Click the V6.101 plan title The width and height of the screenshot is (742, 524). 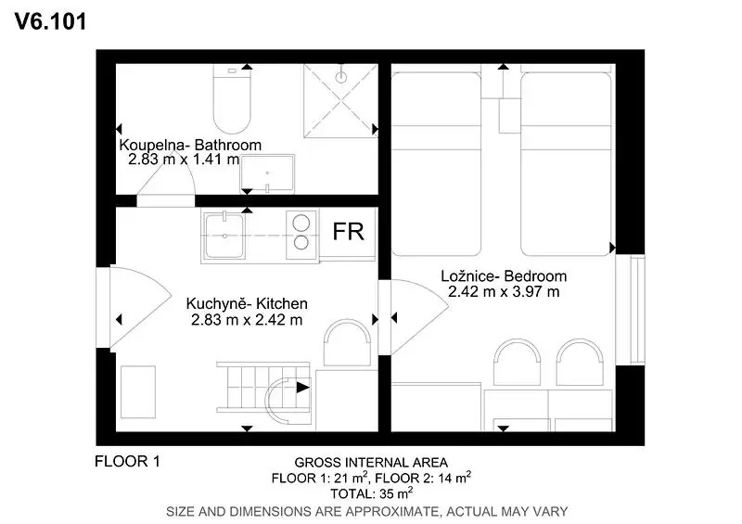tap(51, 21)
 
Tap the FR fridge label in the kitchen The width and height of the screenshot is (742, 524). tap(349, 232)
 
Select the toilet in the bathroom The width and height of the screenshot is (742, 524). tap(231, 99)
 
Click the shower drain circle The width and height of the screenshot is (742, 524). tap(340, 77)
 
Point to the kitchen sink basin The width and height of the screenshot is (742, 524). tap(224, 236)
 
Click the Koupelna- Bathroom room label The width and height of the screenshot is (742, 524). tap(190, 145)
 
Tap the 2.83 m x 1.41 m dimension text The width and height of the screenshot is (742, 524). tap(184, 159)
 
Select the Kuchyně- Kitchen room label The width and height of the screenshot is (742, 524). tap(247, 303)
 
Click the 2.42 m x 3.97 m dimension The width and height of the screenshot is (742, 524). tap(504, 291)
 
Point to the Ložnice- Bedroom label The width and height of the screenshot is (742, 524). tap(504, 276)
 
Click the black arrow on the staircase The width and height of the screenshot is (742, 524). tap(303, 388)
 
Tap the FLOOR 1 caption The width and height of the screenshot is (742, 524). tap(127, 461)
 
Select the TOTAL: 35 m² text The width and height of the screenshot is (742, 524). tap(371, 493)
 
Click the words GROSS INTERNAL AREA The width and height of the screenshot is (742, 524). tap(371, 463)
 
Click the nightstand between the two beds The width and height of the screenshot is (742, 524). tap(509, 116)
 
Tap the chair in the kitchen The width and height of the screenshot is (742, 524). tap(347, 343)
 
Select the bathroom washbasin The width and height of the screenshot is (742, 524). tap(268, 173)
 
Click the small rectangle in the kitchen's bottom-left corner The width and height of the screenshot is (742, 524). tap(138, 392)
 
